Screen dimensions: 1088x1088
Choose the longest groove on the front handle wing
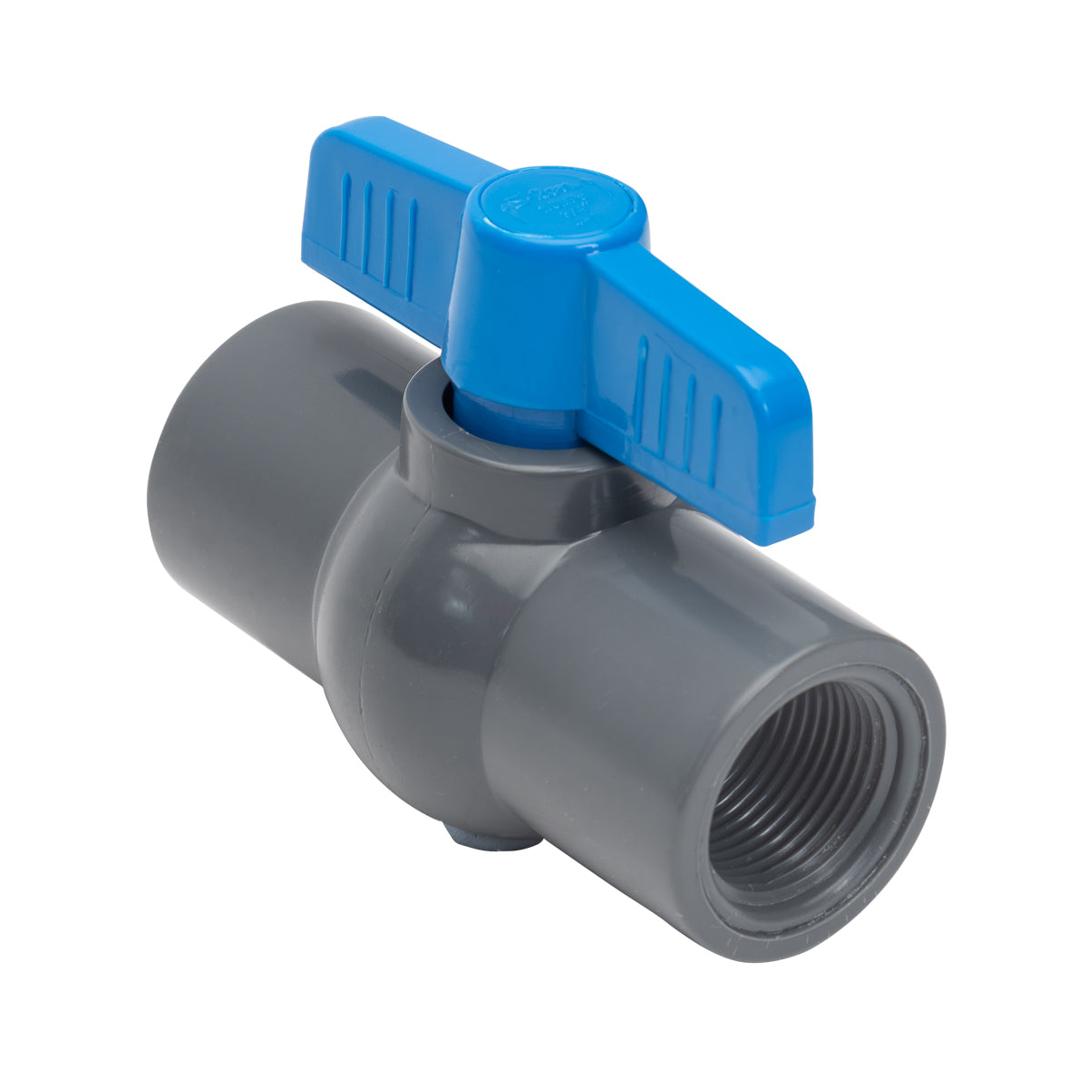(645, 381)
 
